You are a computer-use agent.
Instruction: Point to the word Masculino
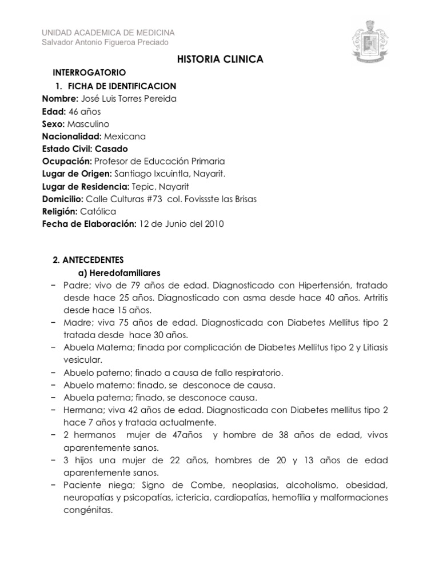click(x=88, y=123)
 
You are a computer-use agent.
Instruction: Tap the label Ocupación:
click(x=67, y=161)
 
